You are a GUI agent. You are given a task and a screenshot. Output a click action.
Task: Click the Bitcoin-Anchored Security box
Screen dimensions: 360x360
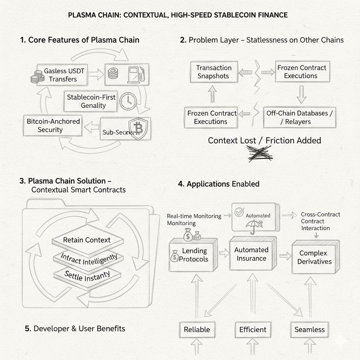53,126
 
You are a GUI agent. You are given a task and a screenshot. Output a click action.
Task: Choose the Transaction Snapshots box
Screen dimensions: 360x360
214,72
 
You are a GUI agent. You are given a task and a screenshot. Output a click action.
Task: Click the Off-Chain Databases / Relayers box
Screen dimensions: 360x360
299,117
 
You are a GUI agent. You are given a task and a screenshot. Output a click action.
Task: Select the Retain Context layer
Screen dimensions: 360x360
86,240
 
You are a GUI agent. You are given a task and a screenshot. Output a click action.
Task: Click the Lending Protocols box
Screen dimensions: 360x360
193,255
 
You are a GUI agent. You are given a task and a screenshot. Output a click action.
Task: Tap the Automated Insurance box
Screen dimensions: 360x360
251,254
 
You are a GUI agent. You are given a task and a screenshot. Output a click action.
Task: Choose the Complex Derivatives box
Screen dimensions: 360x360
315,257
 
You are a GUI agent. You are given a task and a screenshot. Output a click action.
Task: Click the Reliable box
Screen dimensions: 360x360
197,330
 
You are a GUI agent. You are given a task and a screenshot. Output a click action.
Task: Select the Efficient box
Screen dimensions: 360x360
252,330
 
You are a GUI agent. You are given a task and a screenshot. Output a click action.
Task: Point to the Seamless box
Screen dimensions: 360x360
309,330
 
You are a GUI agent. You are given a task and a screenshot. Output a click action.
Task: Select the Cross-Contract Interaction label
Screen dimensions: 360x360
320,221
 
